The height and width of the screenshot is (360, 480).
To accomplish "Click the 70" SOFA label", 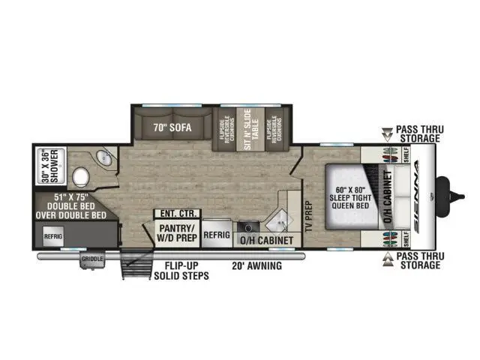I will pos(171,127).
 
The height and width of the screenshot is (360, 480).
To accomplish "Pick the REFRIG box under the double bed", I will pos(53,235).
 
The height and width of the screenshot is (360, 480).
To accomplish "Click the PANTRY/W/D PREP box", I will pos(175,230).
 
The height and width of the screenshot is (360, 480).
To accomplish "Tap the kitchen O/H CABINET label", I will pos(264,240).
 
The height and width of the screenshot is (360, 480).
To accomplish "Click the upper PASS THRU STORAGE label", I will pos(420,133).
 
